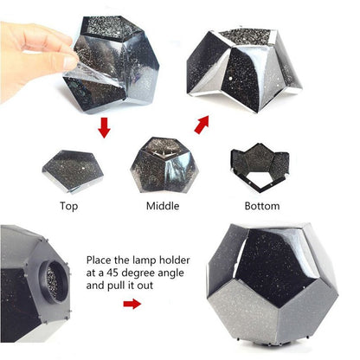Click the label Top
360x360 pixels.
pyautogui.click(x=69, y=206)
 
